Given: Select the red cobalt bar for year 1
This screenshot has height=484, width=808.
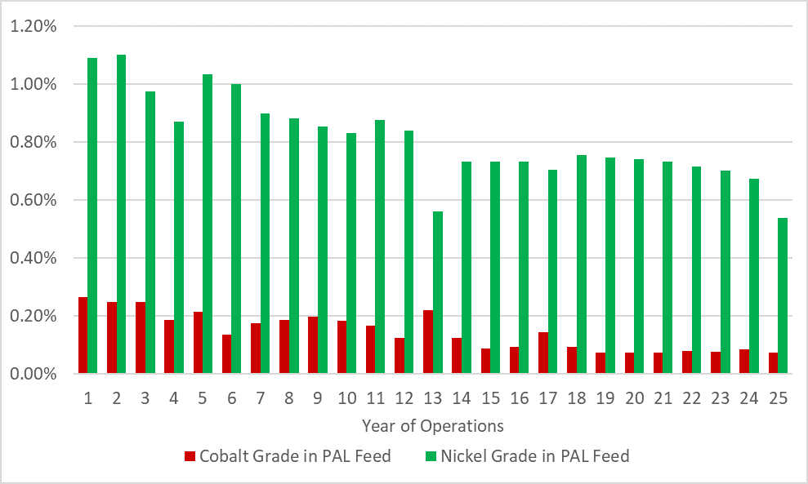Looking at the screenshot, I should click(x=83, y=335).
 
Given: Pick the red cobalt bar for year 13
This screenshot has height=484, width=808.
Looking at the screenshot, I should click(x=428, y=342).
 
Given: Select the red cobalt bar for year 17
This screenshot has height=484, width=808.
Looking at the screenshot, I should click(x=543, y=353).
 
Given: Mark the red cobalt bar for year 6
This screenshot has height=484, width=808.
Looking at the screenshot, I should click(x=226, y=354).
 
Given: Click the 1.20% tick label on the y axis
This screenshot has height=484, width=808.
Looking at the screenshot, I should click(x=33, y=26).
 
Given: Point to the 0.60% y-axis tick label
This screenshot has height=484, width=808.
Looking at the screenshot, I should click(x=33, y=200).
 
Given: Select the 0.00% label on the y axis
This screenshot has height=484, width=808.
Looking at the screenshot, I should click(x=33, y=374).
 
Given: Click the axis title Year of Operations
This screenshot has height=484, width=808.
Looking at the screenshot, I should click(x=432, y=426).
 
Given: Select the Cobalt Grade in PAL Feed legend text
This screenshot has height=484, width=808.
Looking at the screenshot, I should click(x=295, y=456).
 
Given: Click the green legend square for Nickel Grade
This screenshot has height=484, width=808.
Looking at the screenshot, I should click(x=431, y=456).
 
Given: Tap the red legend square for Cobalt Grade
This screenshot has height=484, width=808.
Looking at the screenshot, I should click(x=190, y=456).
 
